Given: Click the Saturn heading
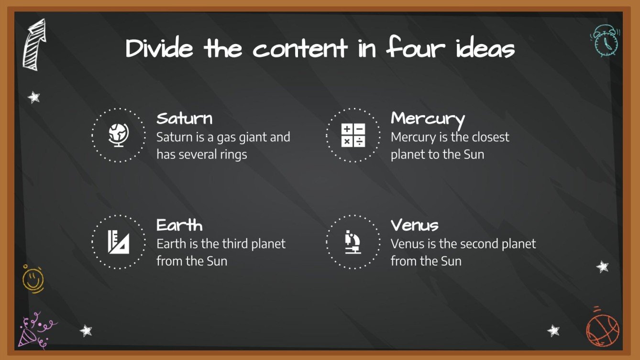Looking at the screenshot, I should [184, 119].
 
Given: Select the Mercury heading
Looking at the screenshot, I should [428, 119].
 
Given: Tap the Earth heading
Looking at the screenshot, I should [179, 225].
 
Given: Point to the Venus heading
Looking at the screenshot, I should [414, 225].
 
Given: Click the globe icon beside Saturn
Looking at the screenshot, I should [118, 135].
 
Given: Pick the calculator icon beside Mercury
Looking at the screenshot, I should [353, 135].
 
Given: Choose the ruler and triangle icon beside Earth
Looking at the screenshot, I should [118, 242].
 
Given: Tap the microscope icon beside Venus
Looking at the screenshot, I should [353, 242].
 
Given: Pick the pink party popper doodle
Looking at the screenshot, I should [33, 331].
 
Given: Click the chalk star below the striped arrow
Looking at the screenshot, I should [33, 98].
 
